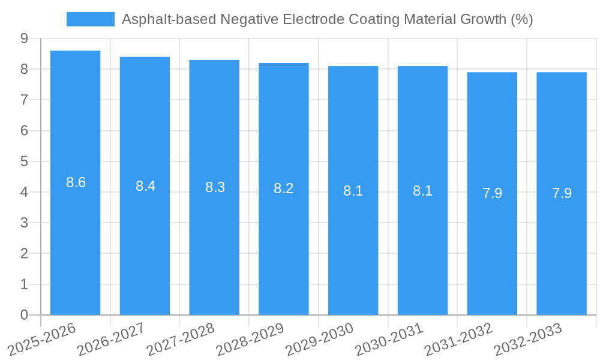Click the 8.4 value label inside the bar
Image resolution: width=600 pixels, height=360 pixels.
coord(145,186)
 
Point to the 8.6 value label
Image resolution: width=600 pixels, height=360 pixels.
coord(76,183)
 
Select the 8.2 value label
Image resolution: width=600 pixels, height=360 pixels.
coord(283,188)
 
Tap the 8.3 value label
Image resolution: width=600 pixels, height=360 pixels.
coord(215,187)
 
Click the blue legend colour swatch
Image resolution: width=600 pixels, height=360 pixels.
coord(90,19)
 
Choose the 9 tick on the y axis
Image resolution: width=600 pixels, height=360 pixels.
coord(24,38)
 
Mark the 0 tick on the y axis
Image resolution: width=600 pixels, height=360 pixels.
coord(24,315)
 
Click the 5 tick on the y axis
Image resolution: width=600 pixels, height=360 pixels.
coord(24,161)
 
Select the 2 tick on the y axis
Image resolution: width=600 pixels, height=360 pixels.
coord(24,254)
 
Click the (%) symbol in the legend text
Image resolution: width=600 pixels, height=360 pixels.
coord(521,19)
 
